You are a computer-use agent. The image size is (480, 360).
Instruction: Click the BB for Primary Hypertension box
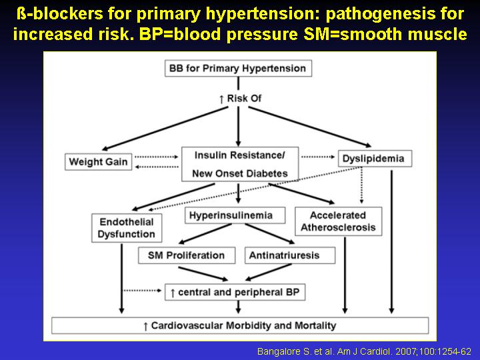(x=238, y=68)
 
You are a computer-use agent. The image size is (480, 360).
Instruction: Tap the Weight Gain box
(x=98, y=161)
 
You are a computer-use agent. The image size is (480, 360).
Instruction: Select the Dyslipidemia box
(x=375, y=159)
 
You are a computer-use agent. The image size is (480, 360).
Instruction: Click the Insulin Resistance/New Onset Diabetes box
(x=240, y=164)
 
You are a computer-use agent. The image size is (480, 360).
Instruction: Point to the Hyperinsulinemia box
(x=235, y=215)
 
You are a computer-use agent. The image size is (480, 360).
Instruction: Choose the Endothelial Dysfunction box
(x=127, y=228)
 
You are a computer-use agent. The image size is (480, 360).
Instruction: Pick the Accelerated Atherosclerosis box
(x=338, y=221)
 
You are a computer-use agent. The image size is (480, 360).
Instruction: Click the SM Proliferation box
(x=187, y=255)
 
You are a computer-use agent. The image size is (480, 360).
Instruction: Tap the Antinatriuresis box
(x=290, y=255)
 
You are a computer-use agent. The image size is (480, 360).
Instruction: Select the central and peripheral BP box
(x=235, y=292)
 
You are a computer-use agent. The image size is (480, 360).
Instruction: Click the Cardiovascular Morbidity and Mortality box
(x=240, y=325)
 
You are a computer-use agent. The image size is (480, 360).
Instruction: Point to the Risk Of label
(x=240, y=99)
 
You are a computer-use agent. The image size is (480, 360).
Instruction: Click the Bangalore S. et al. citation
(x=364, y=351)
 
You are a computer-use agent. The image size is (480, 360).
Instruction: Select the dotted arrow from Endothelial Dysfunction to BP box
(x=142, y=290)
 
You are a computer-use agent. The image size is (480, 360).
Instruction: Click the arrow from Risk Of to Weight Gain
(x=165, y=129)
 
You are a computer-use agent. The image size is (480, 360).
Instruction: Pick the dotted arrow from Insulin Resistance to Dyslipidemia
(x=318, y=157)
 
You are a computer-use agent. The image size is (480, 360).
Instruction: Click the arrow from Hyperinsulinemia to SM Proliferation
(x=205, y=234)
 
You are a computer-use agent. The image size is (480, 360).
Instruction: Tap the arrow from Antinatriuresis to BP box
(x=269, y=272)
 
